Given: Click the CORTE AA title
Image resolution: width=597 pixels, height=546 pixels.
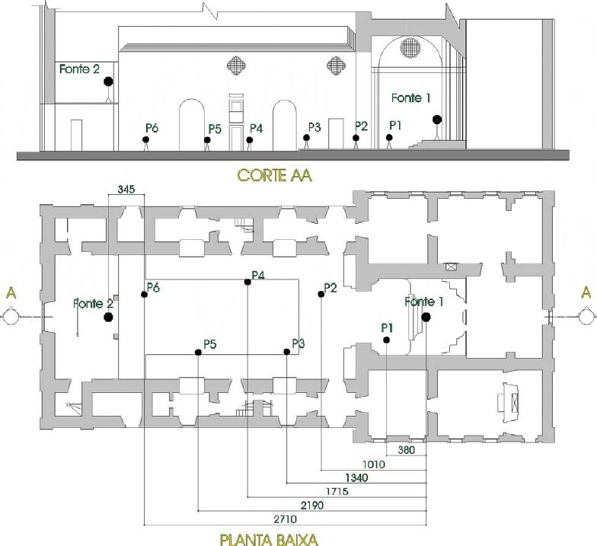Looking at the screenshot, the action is (274, 175).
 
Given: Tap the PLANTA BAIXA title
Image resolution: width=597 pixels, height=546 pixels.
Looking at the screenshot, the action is (269, 539).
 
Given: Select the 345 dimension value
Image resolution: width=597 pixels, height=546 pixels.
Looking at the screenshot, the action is (126, 189).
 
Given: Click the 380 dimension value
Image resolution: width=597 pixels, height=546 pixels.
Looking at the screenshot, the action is (407, 449).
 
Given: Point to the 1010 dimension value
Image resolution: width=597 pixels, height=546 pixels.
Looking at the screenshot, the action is (373, 465).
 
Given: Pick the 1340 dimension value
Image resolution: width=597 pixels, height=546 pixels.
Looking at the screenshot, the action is (356, 477).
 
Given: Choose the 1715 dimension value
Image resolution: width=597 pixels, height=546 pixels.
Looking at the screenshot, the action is (337, 491).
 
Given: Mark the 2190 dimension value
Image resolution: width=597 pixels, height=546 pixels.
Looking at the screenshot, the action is (312, 506).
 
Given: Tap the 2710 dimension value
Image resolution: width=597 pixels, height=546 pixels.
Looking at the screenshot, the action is (285, 519).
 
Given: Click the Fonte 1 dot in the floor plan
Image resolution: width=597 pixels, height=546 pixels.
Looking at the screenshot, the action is (426, 317).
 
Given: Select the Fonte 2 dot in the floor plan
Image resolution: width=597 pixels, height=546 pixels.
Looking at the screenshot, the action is (108, 317).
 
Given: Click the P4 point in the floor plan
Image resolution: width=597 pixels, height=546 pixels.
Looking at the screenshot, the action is (247, 282).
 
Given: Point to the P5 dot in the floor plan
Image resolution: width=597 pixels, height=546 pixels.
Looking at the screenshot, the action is (198, 352).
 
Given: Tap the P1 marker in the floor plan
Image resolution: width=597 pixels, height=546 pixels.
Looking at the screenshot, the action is (387, 340).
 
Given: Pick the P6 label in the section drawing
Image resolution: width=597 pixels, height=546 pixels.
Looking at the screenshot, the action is (152, 128).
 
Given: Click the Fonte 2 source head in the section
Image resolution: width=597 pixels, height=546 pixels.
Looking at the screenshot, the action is (108, 81).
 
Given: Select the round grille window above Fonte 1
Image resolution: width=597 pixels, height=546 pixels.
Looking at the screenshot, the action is (410, 47).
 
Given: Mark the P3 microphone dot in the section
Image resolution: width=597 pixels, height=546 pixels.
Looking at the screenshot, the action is (306, 137).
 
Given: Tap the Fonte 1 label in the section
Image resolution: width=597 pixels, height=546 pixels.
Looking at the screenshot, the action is (411, 97).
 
